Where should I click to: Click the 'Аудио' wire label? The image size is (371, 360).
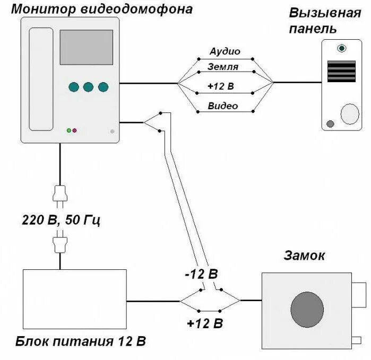click(225, 51)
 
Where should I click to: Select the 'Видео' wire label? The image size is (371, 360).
click(223, 106)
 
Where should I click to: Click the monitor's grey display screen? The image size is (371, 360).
click(86, 47)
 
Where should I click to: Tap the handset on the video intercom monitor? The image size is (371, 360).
click(41, 80)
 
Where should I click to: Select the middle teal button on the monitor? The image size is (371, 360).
click(88, 87)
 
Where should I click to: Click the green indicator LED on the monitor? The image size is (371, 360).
click(68, 130)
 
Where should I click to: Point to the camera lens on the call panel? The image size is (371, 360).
click(342, 48)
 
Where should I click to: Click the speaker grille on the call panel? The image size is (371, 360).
click(341, 71)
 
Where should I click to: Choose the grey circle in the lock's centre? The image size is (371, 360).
click(307, 309)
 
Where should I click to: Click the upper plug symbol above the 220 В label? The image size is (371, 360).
click(60, 196)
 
